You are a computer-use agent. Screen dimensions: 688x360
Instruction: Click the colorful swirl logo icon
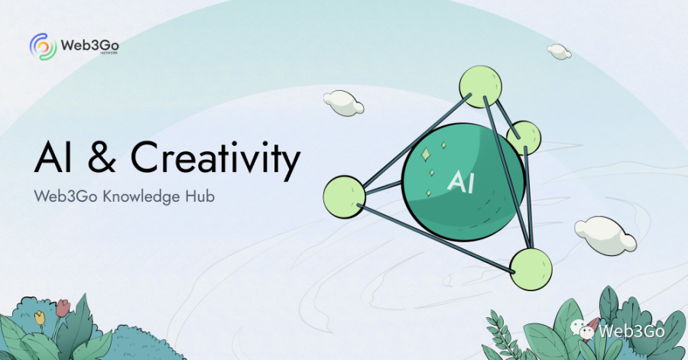click(x=44, y=46)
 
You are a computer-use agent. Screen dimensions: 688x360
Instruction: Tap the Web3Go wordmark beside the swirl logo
click(x=90, y=45)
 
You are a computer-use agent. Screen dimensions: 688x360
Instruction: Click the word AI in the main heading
click(x=53, y=157)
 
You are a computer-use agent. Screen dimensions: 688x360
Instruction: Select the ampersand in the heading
click(x=102, y=157)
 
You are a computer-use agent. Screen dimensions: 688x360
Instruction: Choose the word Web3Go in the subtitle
click(x=66, y=196)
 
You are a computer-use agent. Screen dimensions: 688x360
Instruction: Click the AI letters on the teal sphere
click(x=460, y=181)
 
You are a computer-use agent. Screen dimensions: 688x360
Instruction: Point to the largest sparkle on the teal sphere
click(x=426, y=154)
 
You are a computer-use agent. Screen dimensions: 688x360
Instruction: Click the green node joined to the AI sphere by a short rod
click(x=345, y=197)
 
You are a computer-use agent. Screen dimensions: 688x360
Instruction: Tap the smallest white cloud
click(x=559, y=52)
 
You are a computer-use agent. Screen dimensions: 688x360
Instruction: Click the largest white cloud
click(x=605, y=235)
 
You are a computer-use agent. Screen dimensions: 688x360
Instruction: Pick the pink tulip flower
click(x=63, y=307)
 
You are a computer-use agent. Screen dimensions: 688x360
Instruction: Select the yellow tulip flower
click(x=40, y=317)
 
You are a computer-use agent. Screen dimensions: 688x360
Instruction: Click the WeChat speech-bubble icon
click(x=582, y=329)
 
